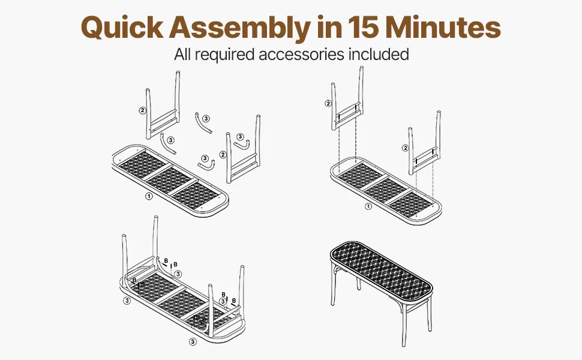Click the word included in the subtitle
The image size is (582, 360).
click(x=379, y=54)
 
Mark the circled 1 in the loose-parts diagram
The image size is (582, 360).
click(x=148, y=196)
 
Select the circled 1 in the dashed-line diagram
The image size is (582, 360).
click(x=368, y=206)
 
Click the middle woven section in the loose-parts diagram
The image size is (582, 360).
click(x=171, y=178)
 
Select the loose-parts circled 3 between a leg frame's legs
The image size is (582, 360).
click(x=240, y=137)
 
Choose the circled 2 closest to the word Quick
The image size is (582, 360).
click(x=143, y=110)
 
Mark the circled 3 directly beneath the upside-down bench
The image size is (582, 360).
click(x=193, y=341)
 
